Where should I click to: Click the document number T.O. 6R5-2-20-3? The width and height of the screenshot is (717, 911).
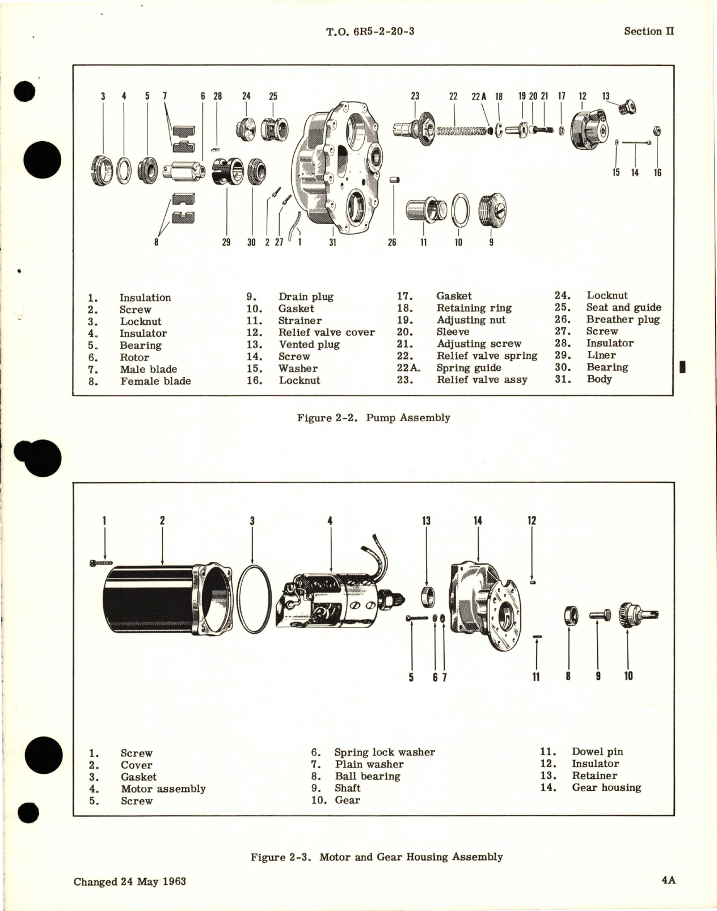coord(370,31)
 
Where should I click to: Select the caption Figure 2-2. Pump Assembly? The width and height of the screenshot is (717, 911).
coord(373,418)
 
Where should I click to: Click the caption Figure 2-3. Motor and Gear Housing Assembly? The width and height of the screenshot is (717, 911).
coord(377,857)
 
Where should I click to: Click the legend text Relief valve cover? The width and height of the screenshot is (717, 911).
coord(326,332)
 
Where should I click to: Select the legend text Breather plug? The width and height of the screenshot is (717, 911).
coord(623,319)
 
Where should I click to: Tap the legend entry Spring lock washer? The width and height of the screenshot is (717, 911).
coord(384,752)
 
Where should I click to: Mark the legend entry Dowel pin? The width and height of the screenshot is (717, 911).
coord(597,752)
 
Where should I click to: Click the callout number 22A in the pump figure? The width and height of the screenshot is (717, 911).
coord(479,96)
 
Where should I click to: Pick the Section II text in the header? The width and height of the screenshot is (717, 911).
coord(649,31)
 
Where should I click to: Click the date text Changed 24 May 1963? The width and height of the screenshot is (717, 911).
coord(130,882)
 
